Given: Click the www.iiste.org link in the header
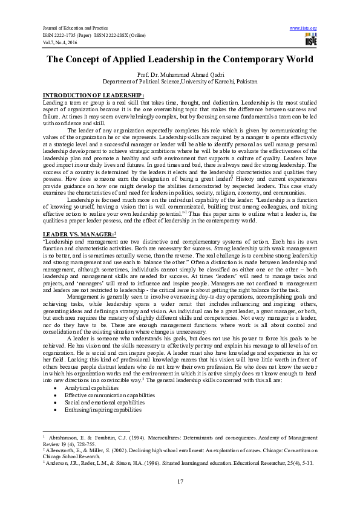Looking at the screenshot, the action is (304, 28).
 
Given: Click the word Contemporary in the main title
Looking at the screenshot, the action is (230, 59).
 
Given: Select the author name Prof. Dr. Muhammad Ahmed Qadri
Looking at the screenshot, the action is (180, 74).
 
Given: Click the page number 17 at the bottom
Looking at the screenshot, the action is (180, 481).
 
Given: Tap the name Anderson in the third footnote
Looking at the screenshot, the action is (60, 462).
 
